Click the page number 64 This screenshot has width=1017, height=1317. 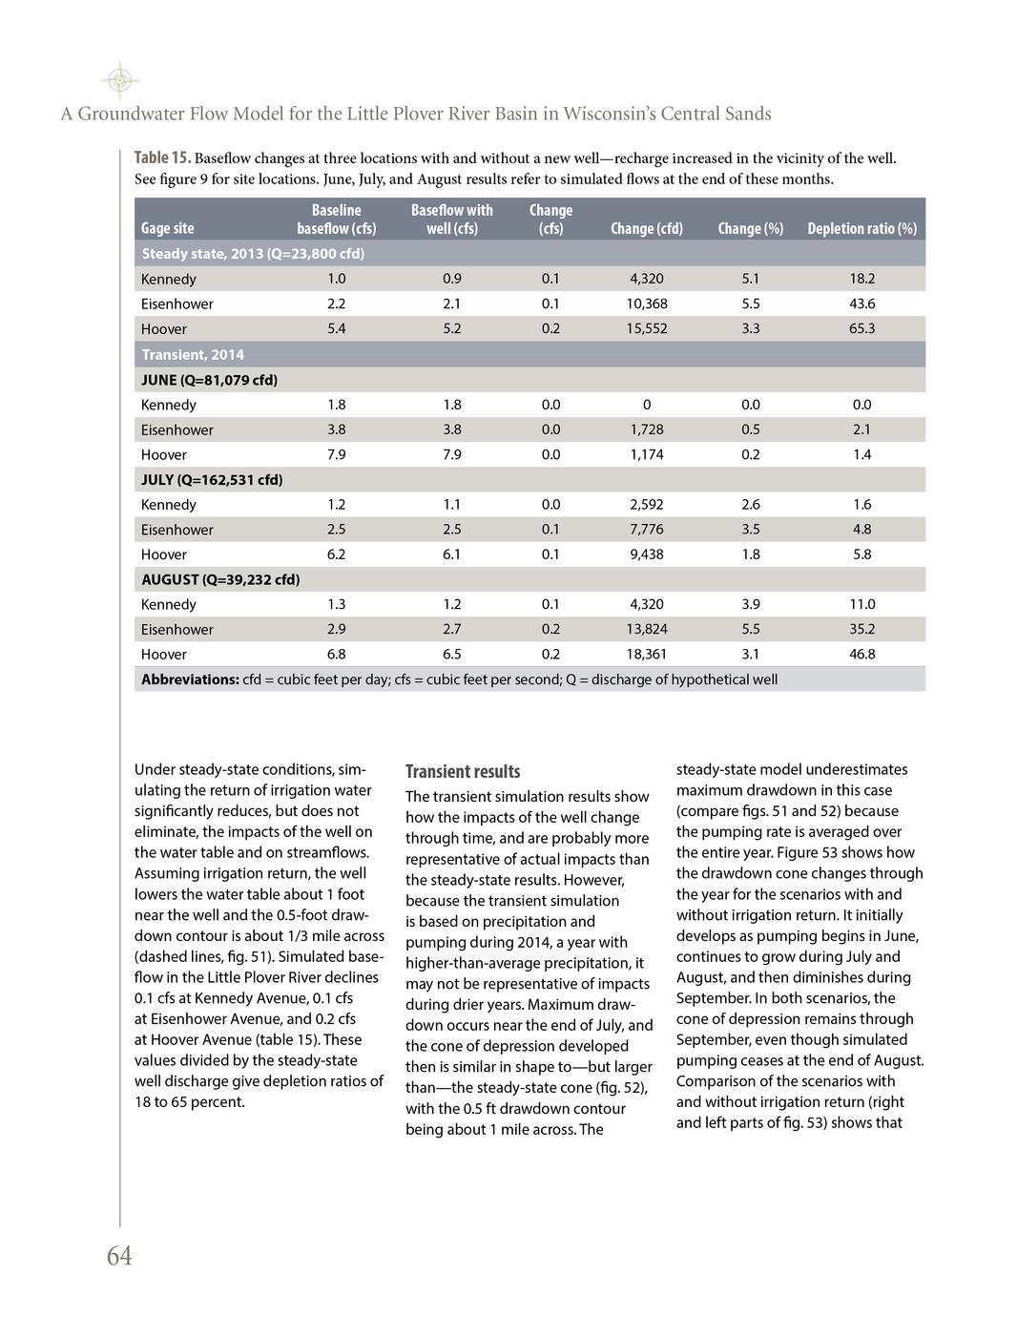(x=119, y=1256)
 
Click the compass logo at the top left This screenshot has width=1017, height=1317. (x=119, y=81)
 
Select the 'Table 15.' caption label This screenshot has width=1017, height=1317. (x=162, y=158)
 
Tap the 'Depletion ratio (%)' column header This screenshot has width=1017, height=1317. (x=861, y=229)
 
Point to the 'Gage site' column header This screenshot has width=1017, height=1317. (x=167, y=229)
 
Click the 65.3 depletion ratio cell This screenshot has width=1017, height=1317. (x=861, y=328)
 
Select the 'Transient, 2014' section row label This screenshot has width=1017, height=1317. (x=193, y=354)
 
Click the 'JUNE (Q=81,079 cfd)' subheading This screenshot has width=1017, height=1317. (x=209, y=380)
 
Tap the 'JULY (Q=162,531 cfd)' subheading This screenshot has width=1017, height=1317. (x=212, y=479)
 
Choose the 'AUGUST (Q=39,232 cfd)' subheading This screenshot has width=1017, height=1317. (x=220, y=579)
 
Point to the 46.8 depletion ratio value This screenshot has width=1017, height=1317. (x=861, y=654)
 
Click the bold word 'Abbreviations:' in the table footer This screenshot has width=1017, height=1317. (x=190, y=679)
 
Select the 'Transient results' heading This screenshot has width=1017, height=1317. (x=463, y=771)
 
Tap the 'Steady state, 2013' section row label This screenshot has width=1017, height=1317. (x=253, y=254)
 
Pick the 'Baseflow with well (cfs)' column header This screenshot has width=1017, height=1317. (x=451, y=219)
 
